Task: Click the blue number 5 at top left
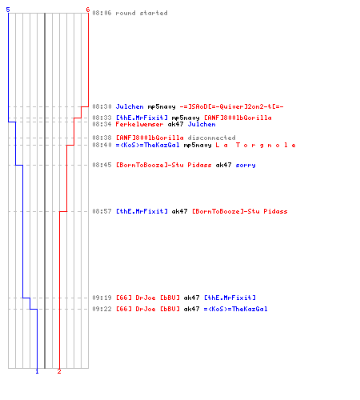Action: click(8, 10)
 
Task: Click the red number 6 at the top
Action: click(88, 10)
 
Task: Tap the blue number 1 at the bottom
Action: click(37, 371)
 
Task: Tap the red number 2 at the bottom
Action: click(59, 371)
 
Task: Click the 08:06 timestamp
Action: click(102, 13)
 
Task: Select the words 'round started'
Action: click(142, 13)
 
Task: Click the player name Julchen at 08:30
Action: click(130, 106)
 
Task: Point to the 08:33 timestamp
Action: click(102, 118)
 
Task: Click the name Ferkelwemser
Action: click(139, 124)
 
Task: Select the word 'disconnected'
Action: click(211, 138)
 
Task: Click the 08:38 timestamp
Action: click(102, 138)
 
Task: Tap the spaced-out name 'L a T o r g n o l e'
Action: click(256, 146)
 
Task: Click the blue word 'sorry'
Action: click(246, 165)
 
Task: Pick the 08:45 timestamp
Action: click(102, 165)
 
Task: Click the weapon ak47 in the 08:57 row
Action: click(180, 211)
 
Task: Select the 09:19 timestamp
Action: click(102, 298)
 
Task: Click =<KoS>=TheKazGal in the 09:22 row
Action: click(236, 309)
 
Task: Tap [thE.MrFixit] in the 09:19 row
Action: click(230, 298)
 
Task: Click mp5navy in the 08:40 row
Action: click(198, 146)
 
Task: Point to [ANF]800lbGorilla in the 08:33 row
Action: click(238, 118)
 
